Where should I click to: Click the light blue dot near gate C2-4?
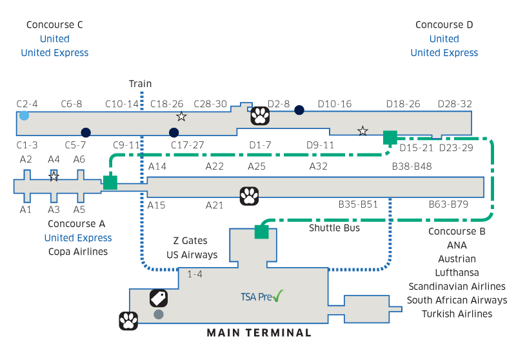[24, 115]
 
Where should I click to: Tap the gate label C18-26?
[166, 104]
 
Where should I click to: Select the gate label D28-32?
[455, 104]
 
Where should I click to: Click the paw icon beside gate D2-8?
[260, 115]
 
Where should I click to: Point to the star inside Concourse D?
[362, 131]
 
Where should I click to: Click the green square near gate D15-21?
[390, 137]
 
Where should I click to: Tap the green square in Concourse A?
[110, 183]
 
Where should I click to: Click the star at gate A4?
[54, 176]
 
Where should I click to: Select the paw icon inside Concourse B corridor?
[250, 195]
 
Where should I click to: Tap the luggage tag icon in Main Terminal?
[159, 297]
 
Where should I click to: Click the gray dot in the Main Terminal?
[159, 315]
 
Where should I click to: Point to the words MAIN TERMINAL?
[259, 333]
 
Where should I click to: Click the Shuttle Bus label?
[334, 228]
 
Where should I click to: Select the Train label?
[140, 84]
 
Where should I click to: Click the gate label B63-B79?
[449, 205]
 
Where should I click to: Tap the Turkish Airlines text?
[457, 314]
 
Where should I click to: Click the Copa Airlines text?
[78, 252]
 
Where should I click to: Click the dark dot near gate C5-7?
[86, 132]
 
